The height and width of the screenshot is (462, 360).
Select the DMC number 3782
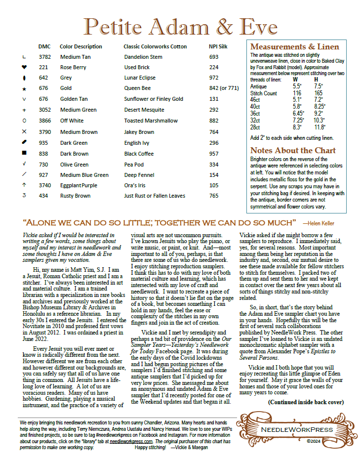pos(44,57)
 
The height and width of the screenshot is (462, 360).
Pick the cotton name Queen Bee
pos(137,88)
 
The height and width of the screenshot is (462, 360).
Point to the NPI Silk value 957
pos(214,154)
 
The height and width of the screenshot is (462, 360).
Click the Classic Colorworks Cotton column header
pos(155,46)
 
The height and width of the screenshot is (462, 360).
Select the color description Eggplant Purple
pos(79,185)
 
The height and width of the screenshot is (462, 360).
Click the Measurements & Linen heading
pos(295,47)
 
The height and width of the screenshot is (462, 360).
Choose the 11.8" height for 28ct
pos(320,127)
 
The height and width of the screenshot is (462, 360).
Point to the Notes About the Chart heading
pos(293,150)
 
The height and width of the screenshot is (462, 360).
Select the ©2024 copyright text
pos(315,441)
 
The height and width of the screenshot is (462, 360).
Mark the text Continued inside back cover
pos(306,402)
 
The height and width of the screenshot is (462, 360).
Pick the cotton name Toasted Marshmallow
pos(151,121)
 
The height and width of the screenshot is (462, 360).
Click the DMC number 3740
pos(44,185)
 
